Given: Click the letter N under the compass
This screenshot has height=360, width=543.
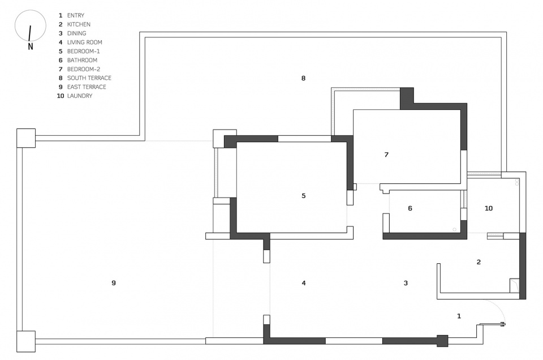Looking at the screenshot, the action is [31, 46].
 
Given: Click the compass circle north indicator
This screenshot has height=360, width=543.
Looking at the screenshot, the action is [31, 25].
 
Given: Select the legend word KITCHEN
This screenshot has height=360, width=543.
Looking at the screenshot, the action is [79, 24].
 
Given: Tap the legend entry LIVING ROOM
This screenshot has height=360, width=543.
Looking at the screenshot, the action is [84, 42].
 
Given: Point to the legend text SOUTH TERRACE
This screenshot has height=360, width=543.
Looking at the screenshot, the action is [89, 78].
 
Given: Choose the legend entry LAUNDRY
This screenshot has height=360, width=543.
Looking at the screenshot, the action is [80, 96].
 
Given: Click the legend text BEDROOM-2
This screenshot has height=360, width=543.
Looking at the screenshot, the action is [84, 69].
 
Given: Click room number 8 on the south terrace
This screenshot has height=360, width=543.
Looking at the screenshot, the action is [303, 78].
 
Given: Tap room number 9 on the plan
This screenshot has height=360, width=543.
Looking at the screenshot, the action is [114, 283].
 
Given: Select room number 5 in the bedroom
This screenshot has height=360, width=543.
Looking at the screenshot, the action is [304, 196].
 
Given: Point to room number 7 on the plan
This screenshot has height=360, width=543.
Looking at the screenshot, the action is [386, 155].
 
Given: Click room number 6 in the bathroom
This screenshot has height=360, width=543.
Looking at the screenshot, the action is [410, 208].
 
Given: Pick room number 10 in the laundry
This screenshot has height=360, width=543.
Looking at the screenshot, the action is [489, 208].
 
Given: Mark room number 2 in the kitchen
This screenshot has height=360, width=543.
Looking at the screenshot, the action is [479, 262].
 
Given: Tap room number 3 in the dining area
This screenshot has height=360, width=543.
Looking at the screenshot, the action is [406, 283].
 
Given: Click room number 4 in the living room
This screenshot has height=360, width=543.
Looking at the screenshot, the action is [304, 283].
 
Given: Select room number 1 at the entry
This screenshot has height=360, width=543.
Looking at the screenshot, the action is [459, 316].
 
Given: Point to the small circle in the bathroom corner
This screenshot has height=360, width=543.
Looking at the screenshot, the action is [454, 230].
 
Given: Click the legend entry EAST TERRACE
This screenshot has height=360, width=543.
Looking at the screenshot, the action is [87, 87].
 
